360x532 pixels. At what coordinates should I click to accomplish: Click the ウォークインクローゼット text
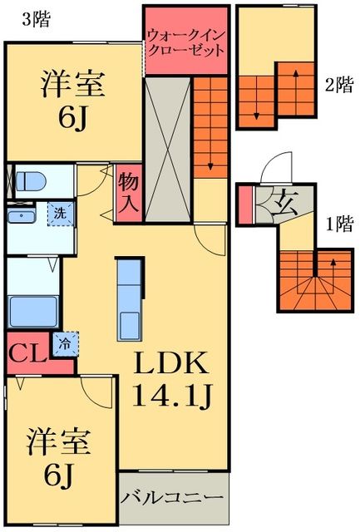pos(185,42)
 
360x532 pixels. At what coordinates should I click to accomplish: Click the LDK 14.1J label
pos(170,379)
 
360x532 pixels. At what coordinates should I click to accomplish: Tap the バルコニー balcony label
pos(173,500)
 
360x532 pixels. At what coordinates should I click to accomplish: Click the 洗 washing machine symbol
pos(60,213)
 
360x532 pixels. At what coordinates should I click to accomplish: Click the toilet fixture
pos(32,181)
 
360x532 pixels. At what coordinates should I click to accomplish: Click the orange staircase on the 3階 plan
pos(211,126)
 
